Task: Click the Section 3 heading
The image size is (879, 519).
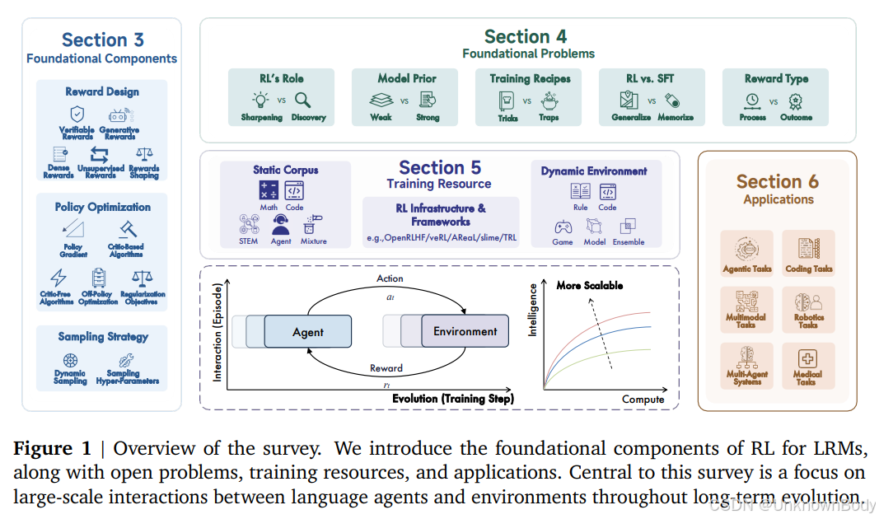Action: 102,40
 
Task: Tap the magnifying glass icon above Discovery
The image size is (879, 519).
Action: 302,100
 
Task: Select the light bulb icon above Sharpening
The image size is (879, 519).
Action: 261,100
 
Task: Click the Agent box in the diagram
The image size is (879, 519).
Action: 308,332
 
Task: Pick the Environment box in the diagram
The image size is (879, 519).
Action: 465,331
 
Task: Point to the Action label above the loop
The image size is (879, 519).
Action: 389,278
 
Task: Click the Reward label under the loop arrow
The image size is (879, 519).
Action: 386,368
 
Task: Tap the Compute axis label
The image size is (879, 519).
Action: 643,400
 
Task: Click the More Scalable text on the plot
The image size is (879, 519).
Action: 589,286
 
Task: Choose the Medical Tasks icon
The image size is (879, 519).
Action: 808,360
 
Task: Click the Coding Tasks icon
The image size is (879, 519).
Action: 808,248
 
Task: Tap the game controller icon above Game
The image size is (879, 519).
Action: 563,227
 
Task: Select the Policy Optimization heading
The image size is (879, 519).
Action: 102,207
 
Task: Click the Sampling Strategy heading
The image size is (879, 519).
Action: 103,337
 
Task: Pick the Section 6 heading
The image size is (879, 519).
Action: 778,181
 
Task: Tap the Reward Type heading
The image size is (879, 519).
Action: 776,78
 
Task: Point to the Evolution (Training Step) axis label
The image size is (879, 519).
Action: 452,399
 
